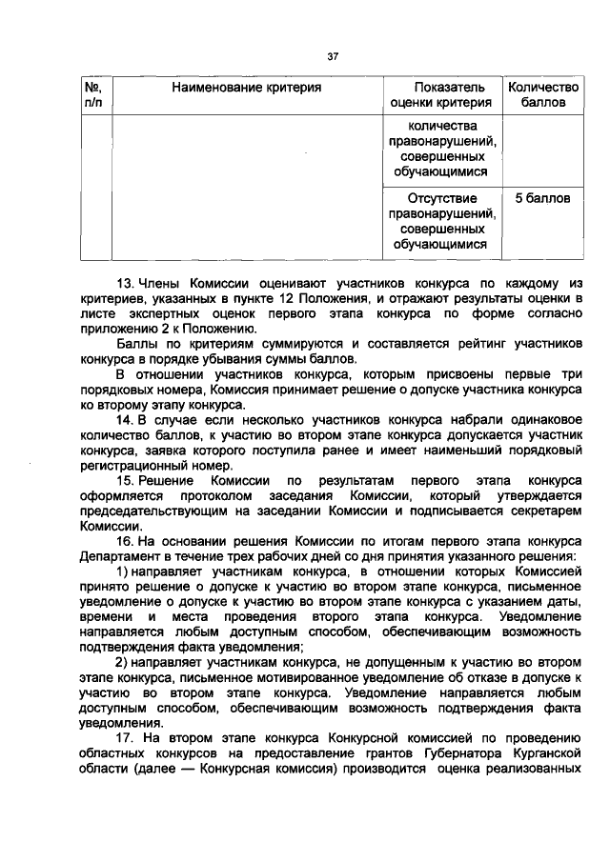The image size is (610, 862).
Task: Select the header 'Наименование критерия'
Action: tap(246, 87)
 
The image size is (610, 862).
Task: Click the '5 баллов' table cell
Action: tap(542, 199)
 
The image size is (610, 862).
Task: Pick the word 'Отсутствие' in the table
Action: tap(441, 199)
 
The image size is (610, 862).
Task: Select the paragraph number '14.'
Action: tap(126, 420)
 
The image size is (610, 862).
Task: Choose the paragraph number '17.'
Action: tap(127, 740)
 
